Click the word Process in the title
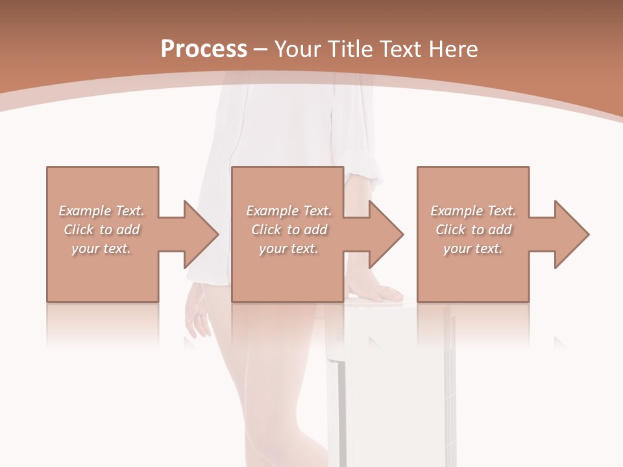204,49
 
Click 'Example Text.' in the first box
101,211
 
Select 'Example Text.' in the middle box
289,211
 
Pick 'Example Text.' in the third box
473,211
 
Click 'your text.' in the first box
101,248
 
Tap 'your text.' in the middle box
289,248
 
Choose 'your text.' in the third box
473,248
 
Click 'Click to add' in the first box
101,230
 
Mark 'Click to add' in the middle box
289,230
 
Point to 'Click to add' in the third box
473,230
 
